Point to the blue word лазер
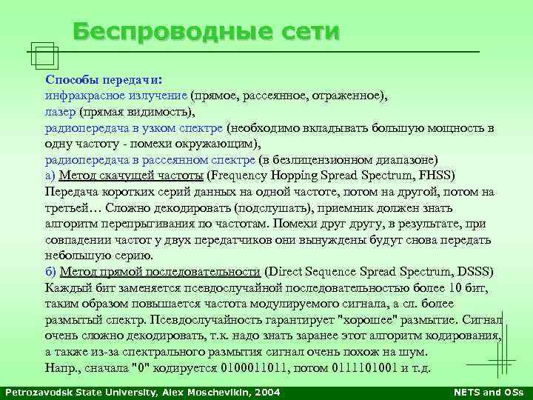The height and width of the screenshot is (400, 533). click(x=60, y=112)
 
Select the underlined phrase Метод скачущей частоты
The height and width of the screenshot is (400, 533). click(x=131, y=176)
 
